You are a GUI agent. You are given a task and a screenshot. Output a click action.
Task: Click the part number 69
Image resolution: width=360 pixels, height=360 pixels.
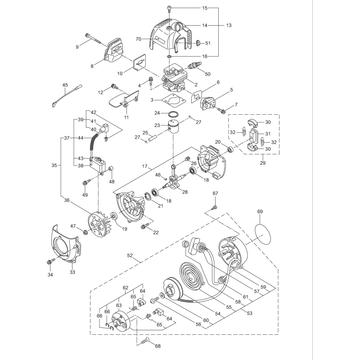click(x=260, y=211)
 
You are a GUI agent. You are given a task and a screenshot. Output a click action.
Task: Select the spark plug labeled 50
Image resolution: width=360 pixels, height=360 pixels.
click(x=195, y=65)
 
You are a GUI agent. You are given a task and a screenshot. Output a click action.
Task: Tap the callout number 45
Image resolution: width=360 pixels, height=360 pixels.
click(x=65, y=84)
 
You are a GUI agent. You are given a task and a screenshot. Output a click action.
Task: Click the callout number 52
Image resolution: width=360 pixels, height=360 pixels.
click(x=130, y=256)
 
